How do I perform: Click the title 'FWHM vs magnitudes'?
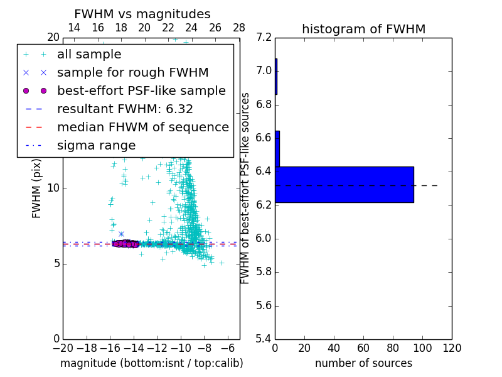click(x=142, y=14)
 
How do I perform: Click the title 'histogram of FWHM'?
click(x=363, y=29)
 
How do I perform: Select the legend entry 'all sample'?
click(x=89, y=55)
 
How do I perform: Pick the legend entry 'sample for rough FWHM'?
click(x=132, y=73)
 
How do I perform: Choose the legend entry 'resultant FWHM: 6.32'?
click(x=125, y=109)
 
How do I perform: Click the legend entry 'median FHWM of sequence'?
click(x=142, y=127)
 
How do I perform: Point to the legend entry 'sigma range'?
click(x=96, y=145)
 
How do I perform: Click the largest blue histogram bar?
click(x=344, y=184)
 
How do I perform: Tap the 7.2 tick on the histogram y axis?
click(x=265, y=37)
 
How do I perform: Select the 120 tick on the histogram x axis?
click(x=452, y=347)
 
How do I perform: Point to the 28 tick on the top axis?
click(x=239, y=28)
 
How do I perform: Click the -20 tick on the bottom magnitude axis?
click(x=63, y=347)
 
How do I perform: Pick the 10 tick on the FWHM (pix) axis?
click(x=53, y=188)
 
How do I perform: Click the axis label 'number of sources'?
click(x=363, y=363)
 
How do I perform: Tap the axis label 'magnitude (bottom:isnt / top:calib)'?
click(x=151, y=363)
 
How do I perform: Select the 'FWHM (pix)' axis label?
click(x=37, y=188)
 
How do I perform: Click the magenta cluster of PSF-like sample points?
click(x=125, y=243)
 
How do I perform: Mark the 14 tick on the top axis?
click(x=74, y=28)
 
